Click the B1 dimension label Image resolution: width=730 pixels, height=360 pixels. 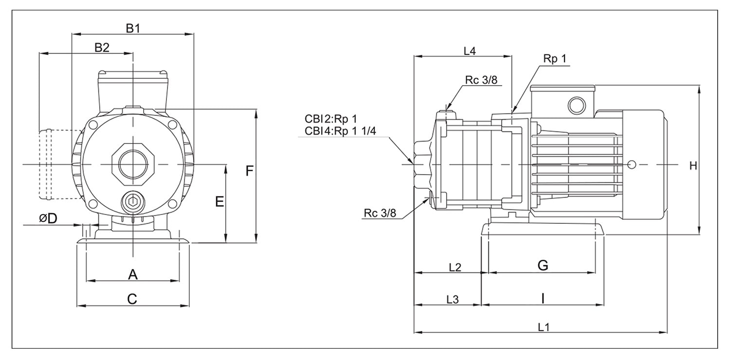pos(133,29)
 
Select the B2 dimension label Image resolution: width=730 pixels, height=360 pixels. pos(102,48)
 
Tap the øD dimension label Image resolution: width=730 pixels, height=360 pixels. pos(48,218)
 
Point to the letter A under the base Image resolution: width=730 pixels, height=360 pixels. pos(133,274)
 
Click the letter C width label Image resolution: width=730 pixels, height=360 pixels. pos(132,299)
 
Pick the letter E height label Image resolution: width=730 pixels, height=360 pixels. pos(219,202)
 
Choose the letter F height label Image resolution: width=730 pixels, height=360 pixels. pos(249,171)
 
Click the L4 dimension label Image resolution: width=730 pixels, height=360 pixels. pos(470,51)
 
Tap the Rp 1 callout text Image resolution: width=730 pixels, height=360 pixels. pos(555,59)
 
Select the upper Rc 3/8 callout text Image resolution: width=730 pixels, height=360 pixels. pos(481,80)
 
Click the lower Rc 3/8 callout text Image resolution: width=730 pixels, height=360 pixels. pos(380,213)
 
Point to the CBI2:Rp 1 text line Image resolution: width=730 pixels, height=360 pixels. pos(331,119)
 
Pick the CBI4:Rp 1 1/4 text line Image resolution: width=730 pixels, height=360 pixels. pos(340,131)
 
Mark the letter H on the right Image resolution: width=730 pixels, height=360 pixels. pos(693,166)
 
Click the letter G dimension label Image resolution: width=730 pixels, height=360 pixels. pos(543,265)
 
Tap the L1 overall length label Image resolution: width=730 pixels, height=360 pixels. pos(544,327)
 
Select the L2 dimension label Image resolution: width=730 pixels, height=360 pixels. pos(455,268)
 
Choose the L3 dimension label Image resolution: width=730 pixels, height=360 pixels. pos(452,299)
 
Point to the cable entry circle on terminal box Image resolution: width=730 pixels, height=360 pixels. pos(577,106)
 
